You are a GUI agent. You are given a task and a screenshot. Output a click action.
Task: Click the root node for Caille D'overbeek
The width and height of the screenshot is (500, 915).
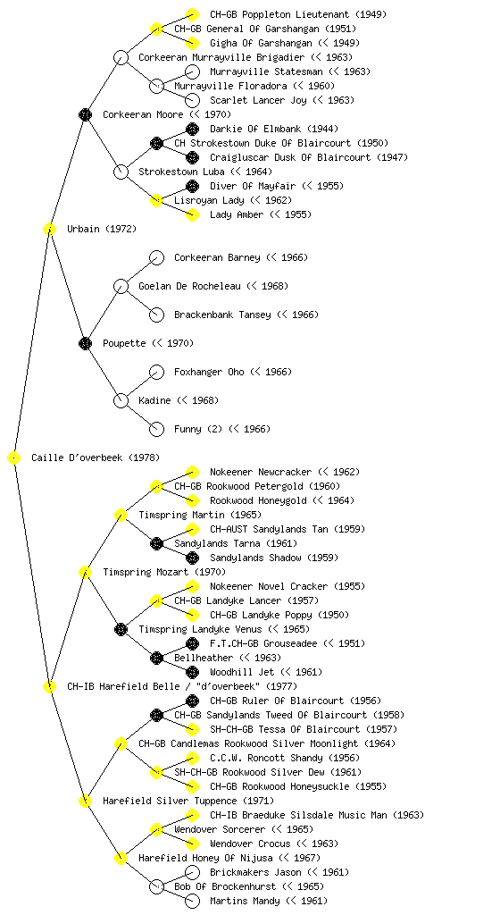point(14,458)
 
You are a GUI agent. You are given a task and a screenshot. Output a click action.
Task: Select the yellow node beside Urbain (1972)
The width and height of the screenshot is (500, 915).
point(49,230)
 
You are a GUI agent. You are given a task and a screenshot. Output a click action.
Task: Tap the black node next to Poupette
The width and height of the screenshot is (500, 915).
point(85,344)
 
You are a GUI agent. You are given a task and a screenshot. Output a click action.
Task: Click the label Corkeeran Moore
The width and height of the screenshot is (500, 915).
point(143,114)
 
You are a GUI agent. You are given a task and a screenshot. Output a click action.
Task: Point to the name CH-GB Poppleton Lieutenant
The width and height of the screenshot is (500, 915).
point(279,14)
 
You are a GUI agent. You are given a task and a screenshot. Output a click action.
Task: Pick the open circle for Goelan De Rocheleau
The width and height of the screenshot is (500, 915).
point(121,287)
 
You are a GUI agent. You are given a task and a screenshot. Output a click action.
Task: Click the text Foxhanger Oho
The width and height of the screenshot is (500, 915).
point(209,372)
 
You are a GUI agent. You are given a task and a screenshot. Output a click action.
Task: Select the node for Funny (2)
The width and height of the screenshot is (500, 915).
point(156,430)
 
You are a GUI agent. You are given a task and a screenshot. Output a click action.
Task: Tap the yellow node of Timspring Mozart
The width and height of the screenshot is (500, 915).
point(85,573)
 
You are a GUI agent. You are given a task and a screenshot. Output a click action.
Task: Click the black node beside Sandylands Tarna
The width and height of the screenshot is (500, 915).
point(156,544)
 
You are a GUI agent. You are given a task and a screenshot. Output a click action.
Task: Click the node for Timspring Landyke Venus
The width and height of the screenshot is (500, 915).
point(121,630)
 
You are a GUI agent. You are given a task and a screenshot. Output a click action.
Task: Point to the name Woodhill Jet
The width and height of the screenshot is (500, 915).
point(242,672)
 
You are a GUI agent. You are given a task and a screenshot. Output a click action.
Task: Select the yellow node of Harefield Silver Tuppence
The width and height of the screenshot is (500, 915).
point(85,802)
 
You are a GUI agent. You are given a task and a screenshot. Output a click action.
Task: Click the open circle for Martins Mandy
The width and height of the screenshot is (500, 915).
point(192,901)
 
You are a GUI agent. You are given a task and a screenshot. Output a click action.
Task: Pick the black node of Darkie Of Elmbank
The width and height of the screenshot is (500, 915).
point(192,129)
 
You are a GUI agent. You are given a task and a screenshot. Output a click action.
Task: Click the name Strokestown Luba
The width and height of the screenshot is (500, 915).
point(181,172)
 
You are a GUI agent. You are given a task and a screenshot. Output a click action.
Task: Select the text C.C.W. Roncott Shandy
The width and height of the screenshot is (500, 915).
point(266,758)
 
